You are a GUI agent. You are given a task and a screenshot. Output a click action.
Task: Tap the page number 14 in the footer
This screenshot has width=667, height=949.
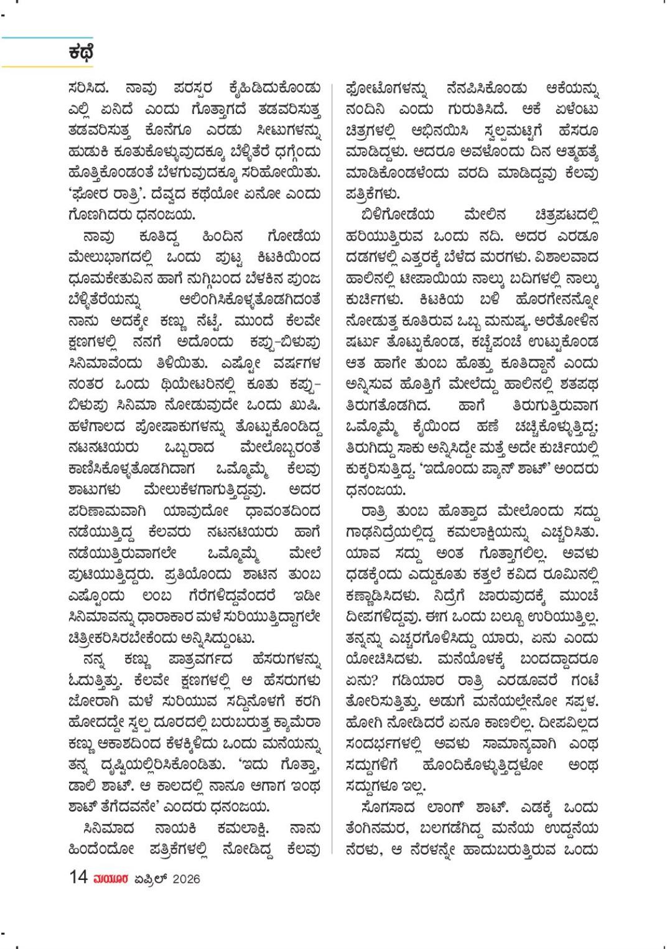78,877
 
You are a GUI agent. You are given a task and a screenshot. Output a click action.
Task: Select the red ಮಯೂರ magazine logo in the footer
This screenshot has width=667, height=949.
111,879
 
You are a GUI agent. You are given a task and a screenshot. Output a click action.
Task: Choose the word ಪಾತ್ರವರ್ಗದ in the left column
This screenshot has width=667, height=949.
198,659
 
